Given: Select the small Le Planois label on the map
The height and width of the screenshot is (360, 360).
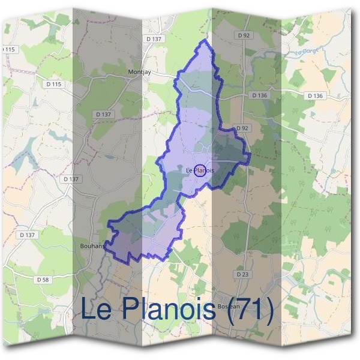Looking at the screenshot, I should (200, 170).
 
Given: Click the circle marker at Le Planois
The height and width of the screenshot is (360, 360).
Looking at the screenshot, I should (200, 170).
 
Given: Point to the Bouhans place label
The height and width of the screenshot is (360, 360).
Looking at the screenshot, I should (92, 245).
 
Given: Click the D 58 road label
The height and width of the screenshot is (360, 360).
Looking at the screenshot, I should (42, 280).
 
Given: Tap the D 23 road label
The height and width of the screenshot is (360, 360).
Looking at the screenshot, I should (242, 274).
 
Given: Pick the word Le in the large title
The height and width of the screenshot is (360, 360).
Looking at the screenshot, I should (96, 310).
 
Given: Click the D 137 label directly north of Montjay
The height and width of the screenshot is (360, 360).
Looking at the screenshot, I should (154, 39).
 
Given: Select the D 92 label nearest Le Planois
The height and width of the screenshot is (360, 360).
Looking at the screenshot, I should (242, 128).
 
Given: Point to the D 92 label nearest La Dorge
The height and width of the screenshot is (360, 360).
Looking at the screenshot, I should (243, 35).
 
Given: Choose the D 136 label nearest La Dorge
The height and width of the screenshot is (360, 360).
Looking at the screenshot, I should (259, 95).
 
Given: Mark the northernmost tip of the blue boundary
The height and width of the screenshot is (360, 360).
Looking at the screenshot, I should (206, 40).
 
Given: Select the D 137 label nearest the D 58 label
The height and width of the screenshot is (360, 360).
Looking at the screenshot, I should (26, 235).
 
